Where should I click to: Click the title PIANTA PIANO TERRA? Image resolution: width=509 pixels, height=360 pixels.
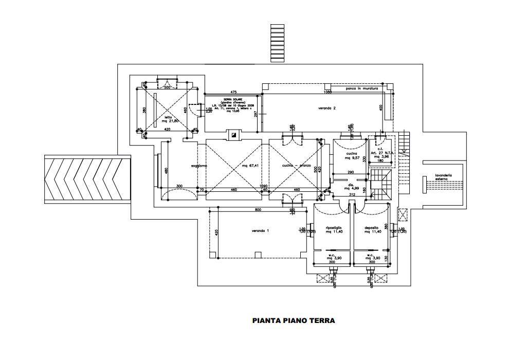[x=294, y=320]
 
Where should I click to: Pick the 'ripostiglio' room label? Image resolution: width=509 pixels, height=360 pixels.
[x=334, y=228]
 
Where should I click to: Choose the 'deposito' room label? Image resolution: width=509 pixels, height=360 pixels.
[x=372, y=228]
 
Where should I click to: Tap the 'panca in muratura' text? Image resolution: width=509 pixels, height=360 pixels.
[x=361, y=88]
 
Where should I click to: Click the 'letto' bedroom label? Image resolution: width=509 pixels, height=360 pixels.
[x=168, y=117]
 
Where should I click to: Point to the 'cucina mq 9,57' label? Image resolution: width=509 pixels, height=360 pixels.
[x=352, y=156]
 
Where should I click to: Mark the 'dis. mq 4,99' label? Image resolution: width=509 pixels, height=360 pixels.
[x=351, y=188]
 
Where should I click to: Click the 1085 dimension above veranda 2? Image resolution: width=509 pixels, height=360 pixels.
[x=328, y=92]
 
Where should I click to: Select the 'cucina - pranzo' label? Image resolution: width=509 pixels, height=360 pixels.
[x=297, y=166]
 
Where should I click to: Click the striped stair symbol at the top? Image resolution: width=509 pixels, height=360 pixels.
[x=277, y=43]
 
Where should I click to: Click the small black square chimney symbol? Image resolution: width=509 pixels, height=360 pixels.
[x=234, y=136]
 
